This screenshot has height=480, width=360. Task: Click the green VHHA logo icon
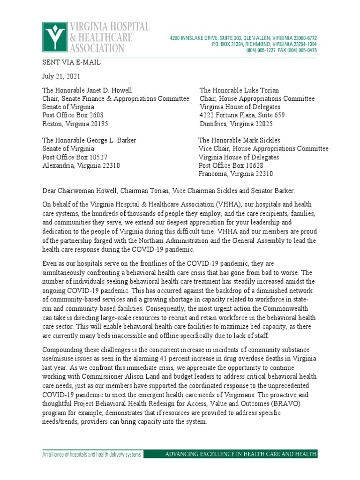click(x=54, y=37)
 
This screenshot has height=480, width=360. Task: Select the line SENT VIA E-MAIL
click(x=71, y=62)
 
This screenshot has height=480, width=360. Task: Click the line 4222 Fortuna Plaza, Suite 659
click(x=242, y=116)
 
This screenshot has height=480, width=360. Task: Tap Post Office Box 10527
click(x=75, y=157)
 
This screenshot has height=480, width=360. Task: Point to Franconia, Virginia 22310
click(x=236, y=174)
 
